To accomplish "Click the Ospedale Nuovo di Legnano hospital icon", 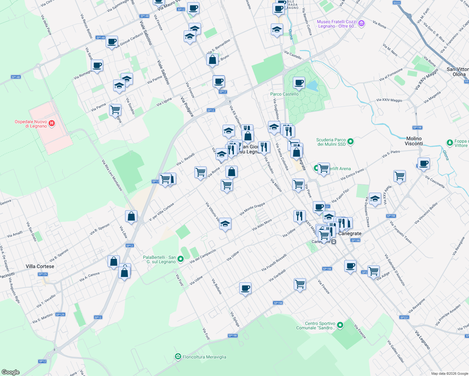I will tap(52, 124).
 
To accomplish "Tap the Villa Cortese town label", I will tap(40, 266).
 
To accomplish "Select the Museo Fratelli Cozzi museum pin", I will tap(361, 23).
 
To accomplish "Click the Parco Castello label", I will tap(284, 94).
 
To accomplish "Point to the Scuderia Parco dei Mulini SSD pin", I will tap(350, 142).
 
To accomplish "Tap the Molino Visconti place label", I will tap(414, 141).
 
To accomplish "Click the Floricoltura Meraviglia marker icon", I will tap(178, 357).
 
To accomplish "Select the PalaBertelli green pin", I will tap(181, 259).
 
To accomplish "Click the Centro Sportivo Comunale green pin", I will tap(340, 325).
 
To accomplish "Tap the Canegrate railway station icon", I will tap(334, 242).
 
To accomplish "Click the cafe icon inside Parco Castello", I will tap(299, 83).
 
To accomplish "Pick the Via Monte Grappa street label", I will tap(252, 209).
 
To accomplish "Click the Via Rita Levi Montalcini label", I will tap(112, 175).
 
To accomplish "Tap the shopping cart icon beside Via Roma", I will tap(200, 172).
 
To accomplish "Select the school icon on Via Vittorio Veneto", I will tap(225, 224).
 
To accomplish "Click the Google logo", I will tap(10, 372).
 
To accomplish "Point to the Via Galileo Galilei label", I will tap(396, 352).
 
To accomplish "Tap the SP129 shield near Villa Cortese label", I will tap(43, 274).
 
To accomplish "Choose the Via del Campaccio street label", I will tap(203, 256).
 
